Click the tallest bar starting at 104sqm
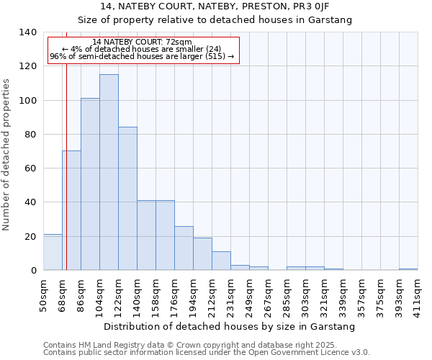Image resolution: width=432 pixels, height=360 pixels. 109,173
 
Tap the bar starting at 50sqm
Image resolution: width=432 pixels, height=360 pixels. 53,252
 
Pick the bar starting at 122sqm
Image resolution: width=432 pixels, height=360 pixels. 127,199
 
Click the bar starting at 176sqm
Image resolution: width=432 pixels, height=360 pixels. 184,248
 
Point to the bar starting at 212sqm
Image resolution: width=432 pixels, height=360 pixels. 221,261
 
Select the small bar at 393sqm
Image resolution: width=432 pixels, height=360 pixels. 408,269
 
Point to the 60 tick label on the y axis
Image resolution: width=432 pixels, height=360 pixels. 30,168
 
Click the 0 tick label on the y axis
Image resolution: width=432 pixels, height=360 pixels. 33,271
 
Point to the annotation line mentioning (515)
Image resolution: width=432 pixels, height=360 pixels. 142,56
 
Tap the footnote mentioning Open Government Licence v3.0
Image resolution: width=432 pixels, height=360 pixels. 207,353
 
